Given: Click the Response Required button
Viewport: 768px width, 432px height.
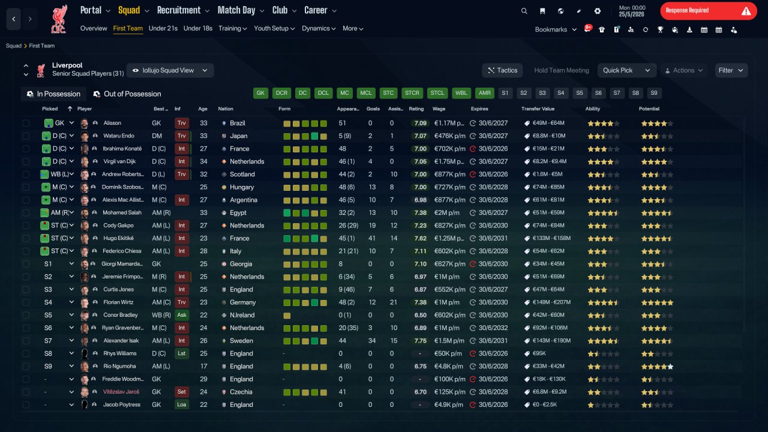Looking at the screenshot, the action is tap(709, 11).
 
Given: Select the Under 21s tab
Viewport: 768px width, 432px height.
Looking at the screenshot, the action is tap(163, 28).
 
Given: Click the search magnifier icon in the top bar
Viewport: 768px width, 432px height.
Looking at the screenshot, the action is tap(524, 11).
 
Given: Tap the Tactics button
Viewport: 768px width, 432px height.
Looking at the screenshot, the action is tap(502, 70).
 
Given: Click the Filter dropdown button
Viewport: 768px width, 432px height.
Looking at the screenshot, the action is tap(731, 70).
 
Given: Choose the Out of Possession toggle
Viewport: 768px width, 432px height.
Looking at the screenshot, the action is tap(127, 94).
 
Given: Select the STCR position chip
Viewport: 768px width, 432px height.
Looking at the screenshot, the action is tap(412, 93).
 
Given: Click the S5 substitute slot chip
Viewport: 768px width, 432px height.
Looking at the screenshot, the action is tap(580, 93).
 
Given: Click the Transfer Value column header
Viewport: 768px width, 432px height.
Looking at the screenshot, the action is tap(538, 109).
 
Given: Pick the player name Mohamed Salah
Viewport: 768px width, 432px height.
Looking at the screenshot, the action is tap(122, 212).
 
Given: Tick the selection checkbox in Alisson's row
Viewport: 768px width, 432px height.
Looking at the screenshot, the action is tap(26, 123).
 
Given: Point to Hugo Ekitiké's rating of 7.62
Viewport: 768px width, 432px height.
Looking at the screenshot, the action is tap(421, 238).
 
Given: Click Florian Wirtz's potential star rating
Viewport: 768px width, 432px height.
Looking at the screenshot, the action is tap(657, 302).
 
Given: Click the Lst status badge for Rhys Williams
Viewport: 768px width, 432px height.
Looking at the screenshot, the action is tap(182, 353).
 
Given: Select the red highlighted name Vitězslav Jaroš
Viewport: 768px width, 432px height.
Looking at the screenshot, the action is tap(121, 392).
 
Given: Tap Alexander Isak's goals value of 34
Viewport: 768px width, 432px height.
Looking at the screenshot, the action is tap(371, 341).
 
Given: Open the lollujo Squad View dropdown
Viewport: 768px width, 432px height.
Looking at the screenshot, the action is tap(170, 70).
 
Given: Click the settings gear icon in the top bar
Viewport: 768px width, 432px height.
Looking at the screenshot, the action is tap(597, 11).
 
